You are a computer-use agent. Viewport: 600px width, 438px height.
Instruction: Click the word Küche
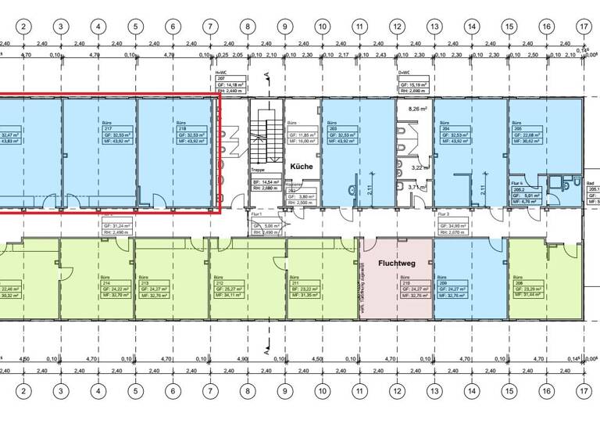[301, 167]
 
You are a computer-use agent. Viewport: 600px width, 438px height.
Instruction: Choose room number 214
[105, 282]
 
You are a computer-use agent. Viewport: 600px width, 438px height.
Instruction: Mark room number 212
[217, 282]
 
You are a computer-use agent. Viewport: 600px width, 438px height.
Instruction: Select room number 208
[518, 282]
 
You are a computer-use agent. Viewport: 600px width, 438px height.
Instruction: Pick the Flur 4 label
[517, 179]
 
